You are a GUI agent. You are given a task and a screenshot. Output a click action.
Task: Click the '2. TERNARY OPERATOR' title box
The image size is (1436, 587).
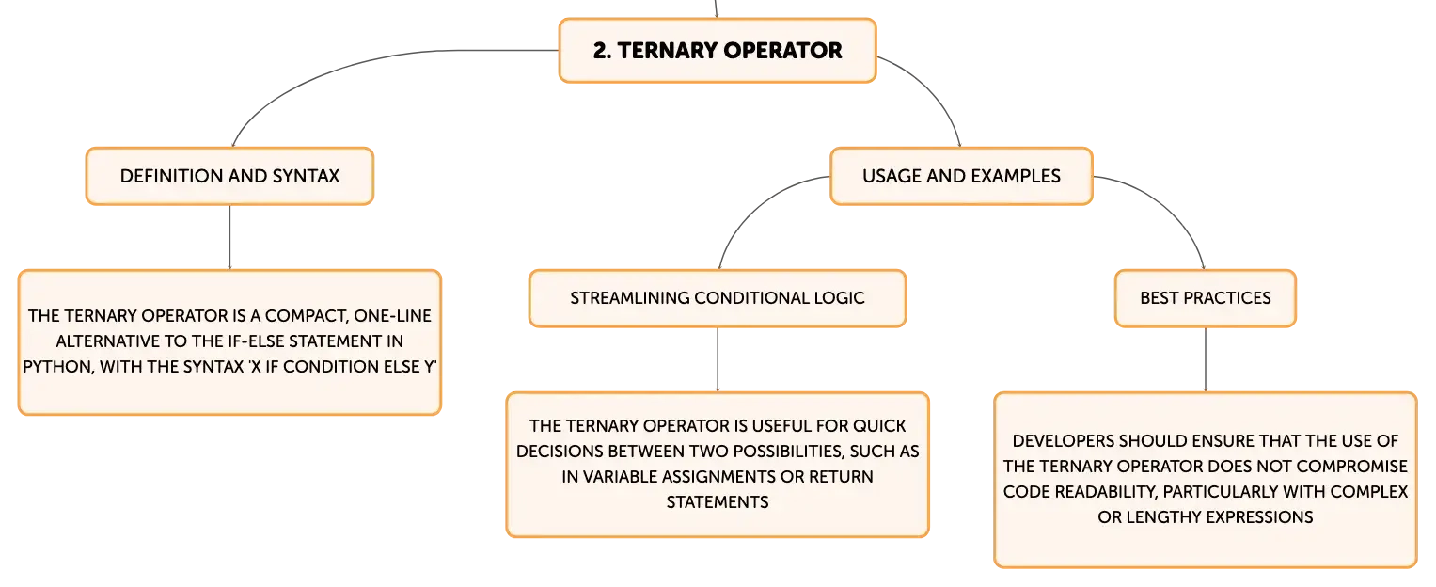(x=718, y=50)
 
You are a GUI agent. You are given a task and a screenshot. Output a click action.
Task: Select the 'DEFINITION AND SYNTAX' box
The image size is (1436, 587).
(x=229, y=176)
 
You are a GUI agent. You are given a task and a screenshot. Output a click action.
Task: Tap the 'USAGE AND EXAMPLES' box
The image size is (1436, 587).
(x=961, y=176)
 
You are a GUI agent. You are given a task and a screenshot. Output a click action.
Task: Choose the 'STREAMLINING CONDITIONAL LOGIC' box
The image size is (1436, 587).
(x=718, y=298)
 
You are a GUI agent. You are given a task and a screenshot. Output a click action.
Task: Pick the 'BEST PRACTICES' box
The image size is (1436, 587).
(x=1206, y=298)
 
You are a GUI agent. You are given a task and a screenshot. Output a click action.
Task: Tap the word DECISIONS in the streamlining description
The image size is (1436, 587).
(x=560, y=452)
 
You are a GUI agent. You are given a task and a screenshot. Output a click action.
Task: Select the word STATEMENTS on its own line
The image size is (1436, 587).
(x=718, y=502)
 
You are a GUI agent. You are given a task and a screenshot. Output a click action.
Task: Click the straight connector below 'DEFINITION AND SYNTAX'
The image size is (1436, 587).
(x=229, y=237)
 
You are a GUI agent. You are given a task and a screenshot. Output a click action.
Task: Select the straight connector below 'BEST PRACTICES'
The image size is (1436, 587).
(x=1206, y=360)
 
